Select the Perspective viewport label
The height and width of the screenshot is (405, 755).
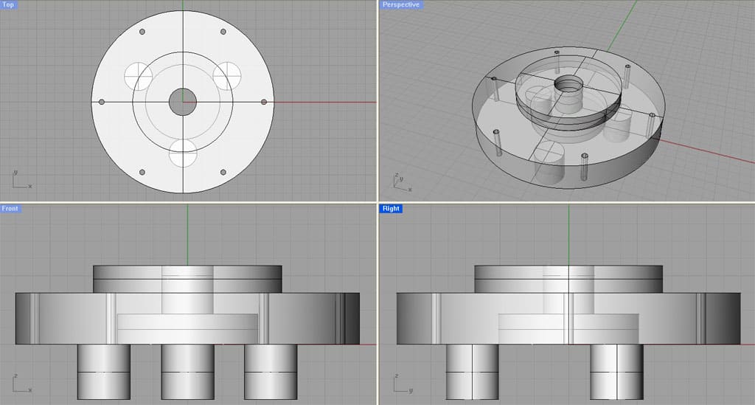click(x=400, y=5)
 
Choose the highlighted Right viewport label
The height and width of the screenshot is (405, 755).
click(x=391, y=209)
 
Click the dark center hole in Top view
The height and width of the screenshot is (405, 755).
click(x=182, y=102)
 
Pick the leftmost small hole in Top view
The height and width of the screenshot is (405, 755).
click(x=102, y=102)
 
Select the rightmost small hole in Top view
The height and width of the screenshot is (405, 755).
click(x=264, y=102)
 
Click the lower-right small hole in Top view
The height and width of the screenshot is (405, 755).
click(x=223, y=172)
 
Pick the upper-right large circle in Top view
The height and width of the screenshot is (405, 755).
click(x=228, y=75)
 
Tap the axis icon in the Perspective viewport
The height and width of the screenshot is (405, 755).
click(x=400, y=181)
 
